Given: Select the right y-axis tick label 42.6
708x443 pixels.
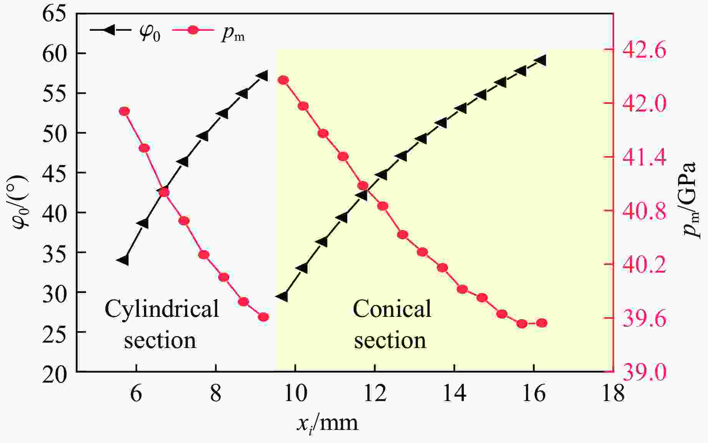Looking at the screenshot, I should tap(644, 50).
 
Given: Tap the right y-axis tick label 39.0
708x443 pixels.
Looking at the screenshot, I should tap(644, 372).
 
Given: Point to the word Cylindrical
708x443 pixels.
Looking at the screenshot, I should tap(162, 309).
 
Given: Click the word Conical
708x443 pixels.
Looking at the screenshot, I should tap(392, 309).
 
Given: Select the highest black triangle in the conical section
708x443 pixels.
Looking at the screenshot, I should tap(541, 60).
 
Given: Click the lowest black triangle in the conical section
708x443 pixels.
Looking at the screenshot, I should tap(283, 296).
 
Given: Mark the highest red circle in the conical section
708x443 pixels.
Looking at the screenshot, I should tap(284, 80).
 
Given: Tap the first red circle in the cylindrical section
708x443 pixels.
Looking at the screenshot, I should tap(124, 112).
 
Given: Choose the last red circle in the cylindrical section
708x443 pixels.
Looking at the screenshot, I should tap(264, 317).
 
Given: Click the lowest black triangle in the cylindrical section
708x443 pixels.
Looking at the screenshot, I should tap(124, 260).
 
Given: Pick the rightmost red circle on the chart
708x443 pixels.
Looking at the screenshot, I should tap(542, 323).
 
